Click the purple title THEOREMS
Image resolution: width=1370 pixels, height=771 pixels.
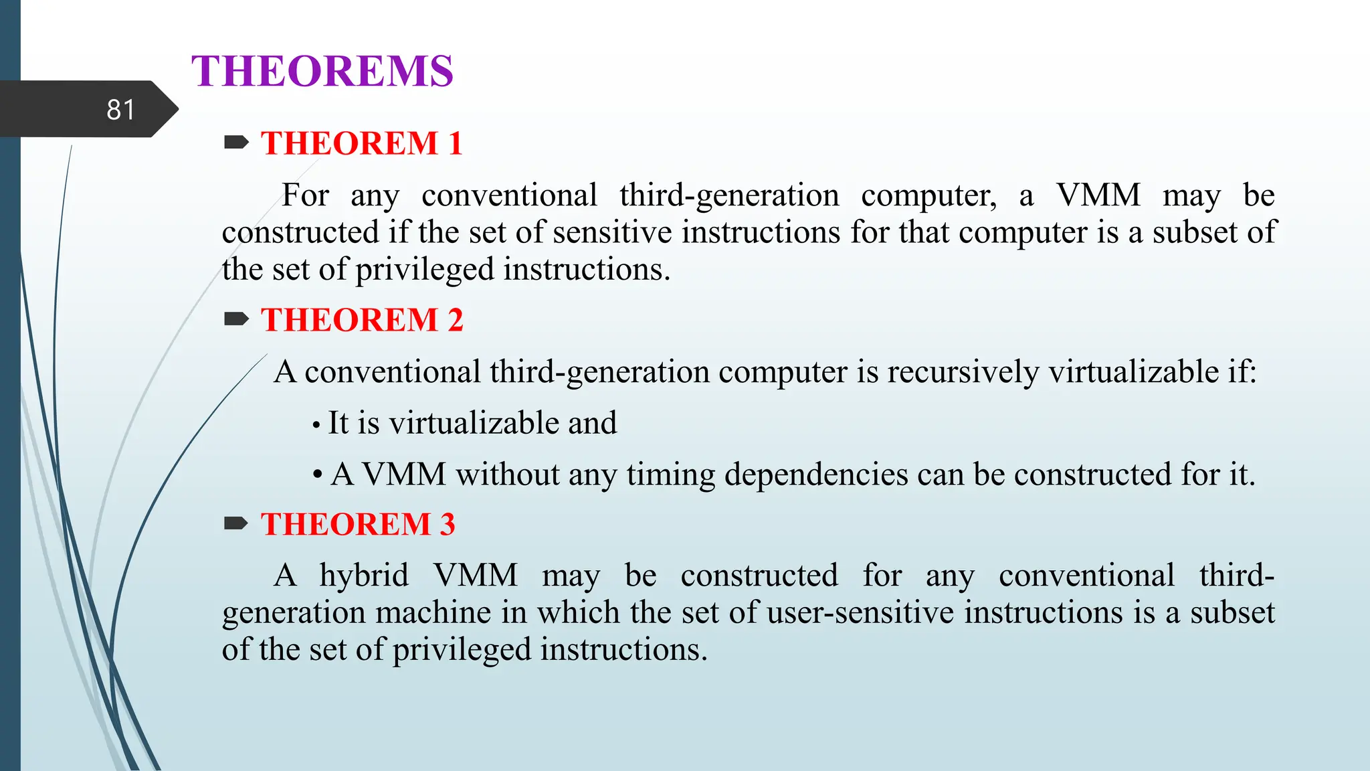click(x=322, y=71)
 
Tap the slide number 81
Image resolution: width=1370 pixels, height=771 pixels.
click(x=120, y=110)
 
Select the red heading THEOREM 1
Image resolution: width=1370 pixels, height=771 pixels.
click(x=361, y=143)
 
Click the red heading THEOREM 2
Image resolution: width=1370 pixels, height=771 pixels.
click(x=361, y=320)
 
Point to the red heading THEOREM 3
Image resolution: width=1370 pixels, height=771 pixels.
click(x=358, y=524)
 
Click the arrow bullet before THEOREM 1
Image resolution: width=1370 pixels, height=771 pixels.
click(x=236, y=142)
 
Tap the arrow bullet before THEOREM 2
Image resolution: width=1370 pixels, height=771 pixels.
click(x=236, y=319)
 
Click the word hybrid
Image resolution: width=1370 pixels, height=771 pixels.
click(x=364, y=576)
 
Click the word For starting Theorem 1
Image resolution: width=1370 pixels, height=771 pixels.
click(x=305, y=195)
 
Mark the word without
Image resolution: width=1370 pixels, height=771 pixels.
click(x=508, y=475)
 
